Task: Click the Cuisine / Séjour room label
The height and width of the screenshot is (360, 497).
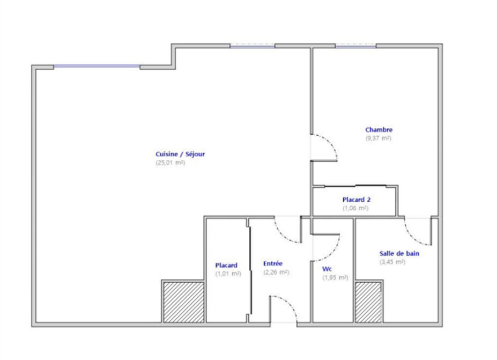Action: (x=180, y=154)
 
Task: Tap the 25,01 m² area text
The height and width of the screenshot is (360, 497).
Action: (x=170, y=163)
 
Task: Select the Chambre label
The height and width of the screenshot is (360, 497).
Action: (x=379, y=129)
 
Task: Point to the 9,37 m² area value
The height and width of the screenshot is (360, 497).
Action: (x=379, y=138)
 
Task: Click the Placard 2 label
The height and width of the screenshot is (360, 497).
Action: (x=357, y=200)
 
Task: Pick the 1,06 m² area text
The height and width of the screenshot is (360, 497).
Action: (x=355, y=208)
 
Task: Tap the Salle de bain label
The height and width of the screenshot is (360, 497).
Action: (x=399, y=253)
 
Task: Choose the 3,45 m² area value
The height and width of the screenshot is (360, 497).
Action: (x=392, y=262)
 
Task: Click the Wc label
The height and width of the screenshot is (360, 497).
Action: (x=327, y=269)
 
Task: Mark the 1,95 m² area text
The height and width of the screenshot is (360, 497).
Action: (x=335, y=277)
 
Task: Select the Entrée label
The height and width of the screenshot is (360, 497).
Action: (x=272, y=263)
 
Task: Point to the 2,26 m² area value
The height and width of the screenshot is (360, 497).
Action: (x=276, y=272)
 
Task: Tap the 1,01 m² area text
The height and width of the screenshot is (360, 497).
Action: (x=228, y=274)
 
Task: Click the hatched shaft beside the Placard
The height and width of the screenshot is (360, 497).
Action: (x=183, y=302)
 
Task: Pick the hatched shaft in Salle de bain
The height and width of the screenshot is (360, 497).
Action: (x=368, y=302)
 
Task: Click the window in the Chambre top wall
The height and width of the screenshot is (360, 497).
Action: (x=355, y=46)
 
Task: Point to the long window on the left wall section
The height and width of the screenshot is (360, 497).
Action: (x=97, y=67)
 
